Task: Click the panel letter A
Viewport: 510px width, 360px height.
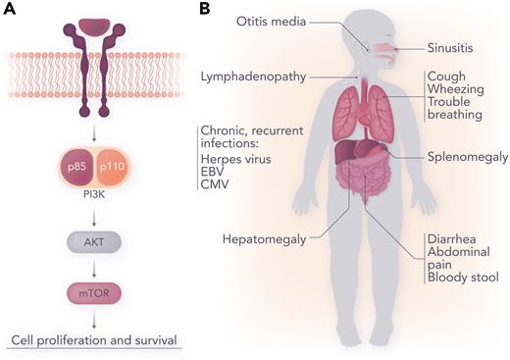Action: point(10,9)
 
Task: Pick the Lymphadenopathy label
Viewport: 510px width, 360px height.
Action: point(252,75)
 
